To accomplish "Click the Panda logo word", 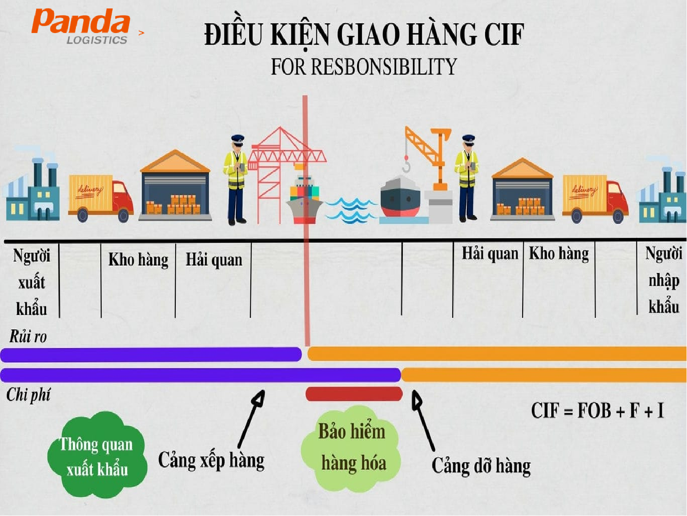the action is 81,21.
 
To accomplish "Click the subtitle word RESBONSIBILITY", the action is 384,66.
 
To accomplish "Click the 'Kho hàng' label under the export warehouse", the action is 138,260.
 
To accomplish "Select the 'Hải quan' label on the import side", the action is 490,254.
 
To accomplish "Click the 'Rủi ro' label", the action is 28,337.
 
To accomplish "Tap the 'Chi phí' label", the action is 28,395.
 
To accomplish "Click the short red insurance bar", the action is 354,394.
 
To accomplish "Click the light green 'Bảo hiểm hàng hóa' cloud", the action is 351,449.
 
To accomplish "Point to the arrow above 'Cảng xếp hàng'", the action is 251,419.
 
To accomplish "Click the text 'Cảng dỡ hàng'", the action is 481,466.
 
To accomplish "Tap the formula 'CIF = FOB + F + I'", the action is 597,411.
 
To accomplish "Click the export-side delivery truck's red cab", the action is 123,198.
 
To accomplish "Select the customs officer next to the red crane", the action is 236,180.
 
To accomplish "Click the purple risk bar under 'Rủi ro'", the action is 151,354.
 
